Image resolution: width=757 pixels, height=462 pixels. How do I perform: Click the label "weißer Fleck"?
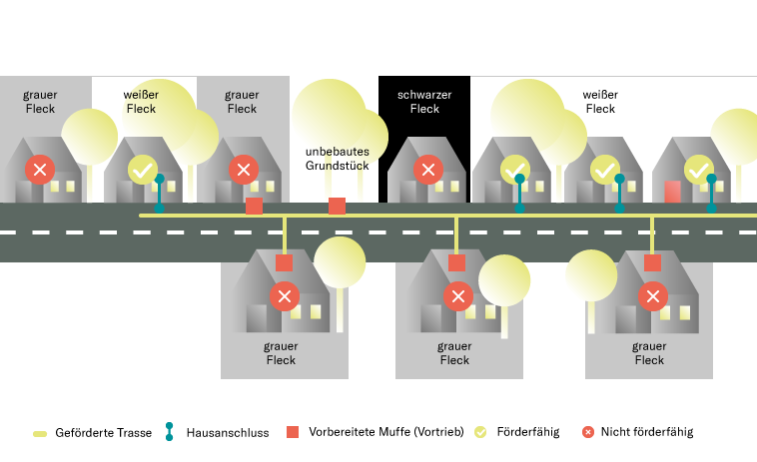pyautogui.click(x=142, y=102)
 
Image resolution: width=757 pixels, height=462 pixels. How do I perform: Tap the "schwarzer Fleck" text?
pyautogui.click(x=424, y=102)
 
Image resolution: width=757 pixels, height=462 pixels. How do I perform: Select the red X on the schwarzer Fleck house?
pyautogui.click(x=428, y=169)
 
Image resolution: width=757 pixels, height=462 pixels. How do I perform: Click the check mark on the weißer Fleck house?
pyautogui.click(x=143, y=169)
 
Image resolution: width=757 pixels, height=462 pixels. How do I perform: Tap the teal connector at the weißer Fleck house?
pyautogui.click(x=159, y=192)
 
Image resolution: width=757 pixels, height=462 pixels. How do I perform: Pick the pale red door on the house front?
pyautogui.click(x=673, y=192)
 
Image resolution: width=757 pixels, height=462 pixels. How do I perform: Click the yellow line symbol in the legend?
pyautogui.click(x=40, y=433)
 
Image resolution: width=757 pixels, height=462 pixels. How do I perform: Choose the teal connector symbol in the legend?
pyautogui.click(x=169, y=431)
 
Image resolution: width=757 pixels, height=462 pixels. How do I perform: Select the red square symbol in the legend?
pyautogui.click(x=293, y=432)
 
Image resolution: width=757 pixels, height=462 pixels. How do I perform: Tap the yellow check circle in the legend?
pyautogui.click(x=480, y=432)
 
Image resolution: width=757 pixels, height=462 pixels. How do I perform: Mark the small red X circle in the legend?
pyautogui.click(x=588, y=432)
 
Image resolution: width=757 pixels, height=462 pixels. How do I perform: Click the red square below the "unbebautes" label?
pyautogui.click(x=338, y=206)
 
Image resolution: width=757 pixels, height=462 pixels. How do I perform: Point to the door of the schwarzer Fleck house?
pyautogui.click(x=406, y=191)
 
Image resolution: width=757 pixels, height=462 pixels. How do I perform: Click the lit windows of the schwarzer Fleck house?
pyautogui.click(x=446, y=186)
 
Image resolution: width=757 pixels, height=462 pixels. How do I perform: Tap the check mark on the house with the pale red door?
pyautogui.click(x=698, y=169)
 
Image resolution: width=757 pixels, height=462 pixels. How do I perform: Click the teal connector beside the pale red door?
pyautogui.click(x=711, y=192)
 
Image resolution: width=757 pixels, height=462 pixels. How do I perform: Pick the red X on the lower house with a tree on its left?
pyautogui.click(x=653, y=296)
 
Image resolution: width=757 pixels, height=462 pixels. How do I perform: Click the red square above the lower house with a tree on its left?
pyautogui.click(x=652, y=263)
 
